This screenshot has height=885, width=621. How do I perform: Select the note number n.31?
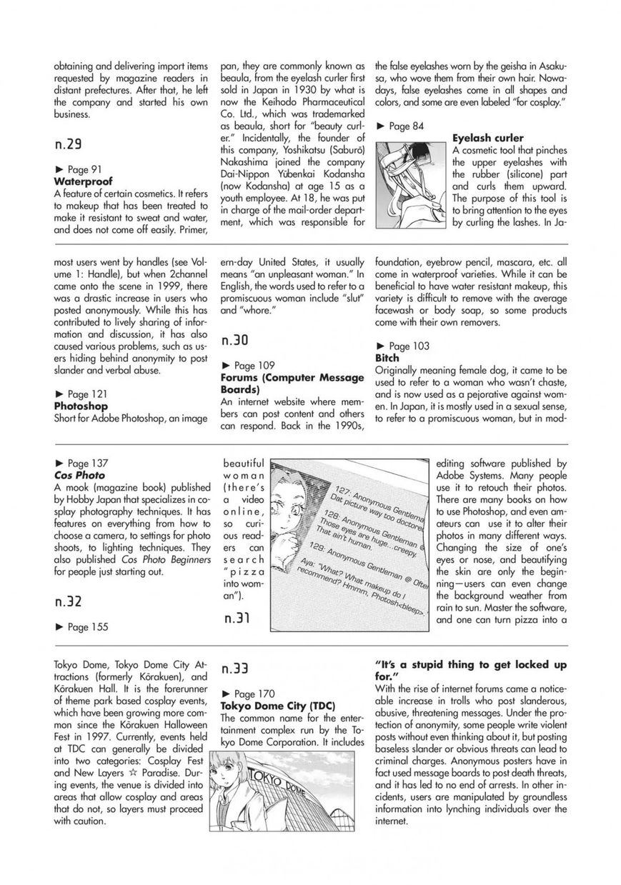(235, 618)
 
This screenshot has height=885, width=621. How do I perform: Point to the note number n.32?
(68, 601)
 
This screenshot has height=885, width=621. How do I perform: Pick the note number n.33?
(235, 669)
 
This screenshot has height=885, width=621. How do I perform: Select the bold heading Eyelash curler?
(487, 138)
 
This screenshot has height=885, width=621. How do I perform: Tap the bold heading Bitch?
(387, 357)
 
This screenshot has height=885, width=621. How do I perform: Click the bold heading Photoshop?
(81, 406)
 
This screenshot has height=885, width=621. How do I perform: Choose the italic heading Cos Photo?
(79, 474)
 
